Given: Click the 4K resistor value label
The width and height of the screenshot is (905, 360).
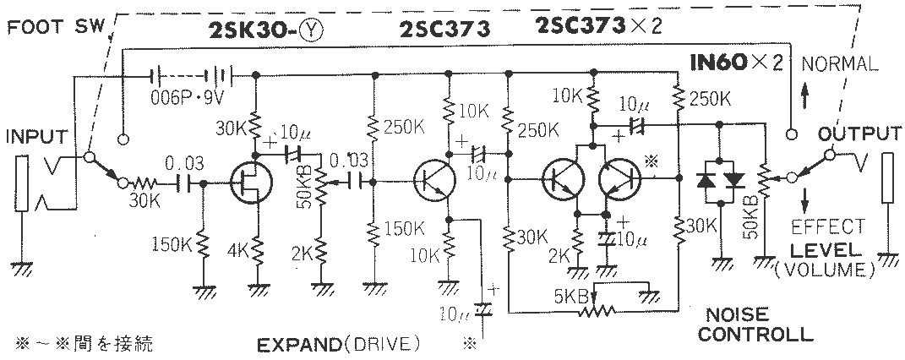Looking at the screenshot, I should pyautogui.click(x=237, y=251).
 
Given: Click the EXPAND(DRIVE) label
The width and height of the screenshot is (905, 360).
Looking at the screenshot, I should pyautogui.click(x=338, y=344).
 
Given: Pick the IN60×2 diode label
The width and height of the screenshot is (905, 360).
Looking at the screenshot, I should pyautogui.click(x=736, y=63).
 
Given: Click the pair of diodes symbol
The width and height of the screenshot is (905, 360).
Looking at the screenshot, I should pyautogui.click(x=717, y=180).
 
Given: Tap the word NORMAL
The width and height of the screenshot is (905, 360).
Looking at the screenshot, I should pyautogui.click(x=840, y=63).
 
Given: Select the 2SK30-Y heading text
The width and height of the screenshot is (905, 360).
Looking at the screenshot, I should pyautogui.click(x=265, y=30).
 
